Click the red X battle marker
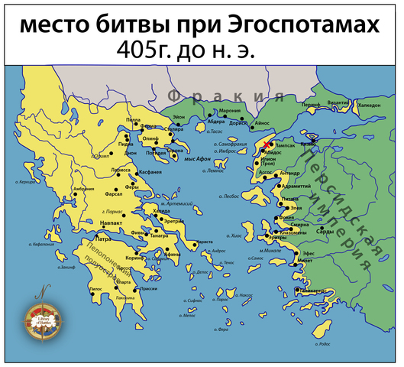point(266,145)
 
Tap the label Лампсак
point(285,144)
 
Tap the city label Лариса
point(121,169)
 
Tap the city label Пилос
point(95,289)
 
